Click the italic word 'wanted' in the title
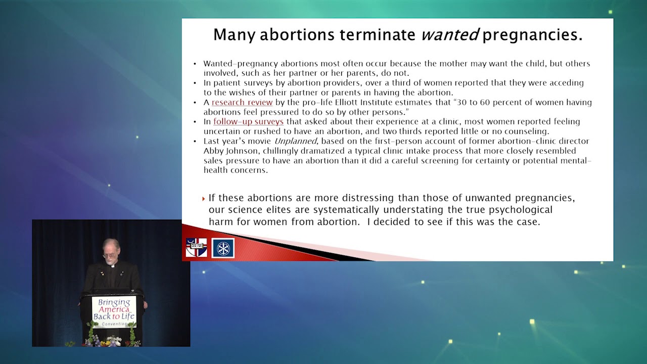click(x=450, y=35)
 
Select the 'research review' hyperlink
click(x=242, y=102)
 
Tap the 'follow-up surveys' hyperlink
click(x=248, y=121)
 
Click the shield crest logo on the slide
click(x=196, y=248)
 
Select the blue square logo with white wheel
click(x=223, y=248)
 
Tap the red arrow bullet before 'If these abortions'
click(x=204, y=199)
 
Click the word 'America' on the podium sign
click(x=114, y=309)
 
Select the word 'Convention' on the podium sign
click(x=114, y=324)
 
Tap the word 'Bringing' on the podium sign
click(x=114, y=302)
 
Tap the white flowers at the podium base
click(x=112, y=341)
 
